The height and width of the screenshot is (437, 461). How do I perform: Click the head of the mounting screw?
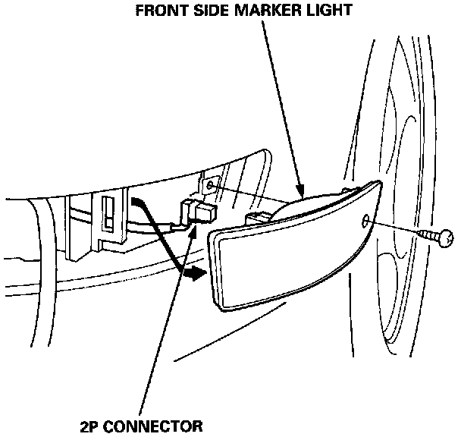[x=447, y=240]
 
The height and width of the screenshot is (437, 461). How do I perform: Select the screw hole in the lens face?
[x=366, y=221]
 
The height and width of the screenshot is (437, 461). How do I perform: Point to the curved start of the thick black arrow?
[x=136, y=201]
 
